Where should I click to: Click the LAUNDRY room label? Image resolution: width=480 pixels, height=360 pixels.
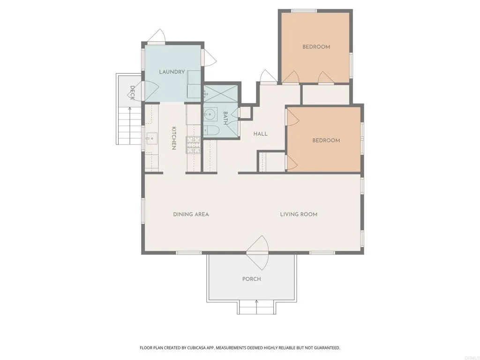(x=172, y=72)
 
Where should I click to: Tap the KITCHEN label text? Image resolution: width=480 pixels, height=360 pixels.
(x=173, y=138)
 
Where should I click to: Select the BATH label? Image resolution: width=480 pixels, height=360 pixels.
(x=225, y=118)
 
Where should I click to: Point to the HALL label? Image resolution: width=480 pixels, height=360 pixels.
(x=260, y=134)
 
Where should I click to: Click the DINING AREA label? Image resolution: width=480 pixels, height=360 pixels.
(x=191, y=214)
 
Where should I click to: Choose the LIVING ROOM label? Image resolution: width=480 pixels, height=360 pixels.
(x=299, y=214)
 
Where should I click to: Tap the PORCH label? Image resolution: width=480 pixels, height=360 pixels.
(x=251, y=279)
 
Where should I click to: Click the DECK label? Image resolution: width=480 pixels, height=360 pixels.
(x=133, y=92)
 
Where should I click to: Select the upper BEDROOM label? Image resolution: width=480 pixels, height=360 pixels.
(x=316, y=47)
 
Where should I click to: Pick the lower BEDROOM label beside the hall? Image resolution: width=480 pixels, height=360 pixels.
(x=326, y=141)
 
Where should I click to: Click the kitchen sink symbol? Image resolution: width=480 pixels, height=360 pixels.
(x=151, y=138)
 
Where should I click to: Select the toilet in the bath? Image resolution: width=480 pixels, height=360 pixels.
(x=211, y=131)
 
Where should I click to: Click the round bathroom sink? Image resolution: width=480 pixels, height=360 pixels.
(x=210, y=114)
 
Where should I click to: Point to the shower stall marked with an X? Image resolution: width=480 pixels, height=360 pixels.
(x=221, y=94)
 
